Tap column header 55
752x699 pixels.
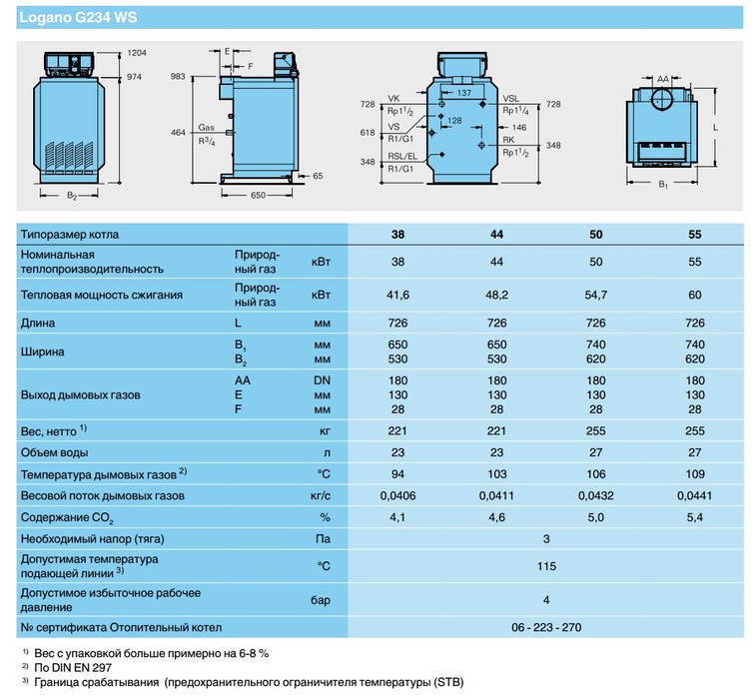point(695,235)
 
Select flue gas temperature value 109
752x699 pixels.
point(695,473)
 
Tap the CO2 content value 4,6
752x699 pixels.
point(496,518)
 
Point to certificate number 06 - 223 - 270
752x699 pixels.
point(546,627)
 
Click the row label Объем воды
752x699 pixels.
point(55,451)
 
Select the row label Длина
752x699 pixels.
point(38,324)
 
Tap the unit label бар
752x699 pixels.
point(322,600)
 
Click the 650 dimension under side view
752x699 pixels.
point(258,196)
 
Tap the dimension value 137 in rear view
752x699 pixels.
point(462,92)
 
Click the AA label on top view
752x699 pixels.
point(663,76)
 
